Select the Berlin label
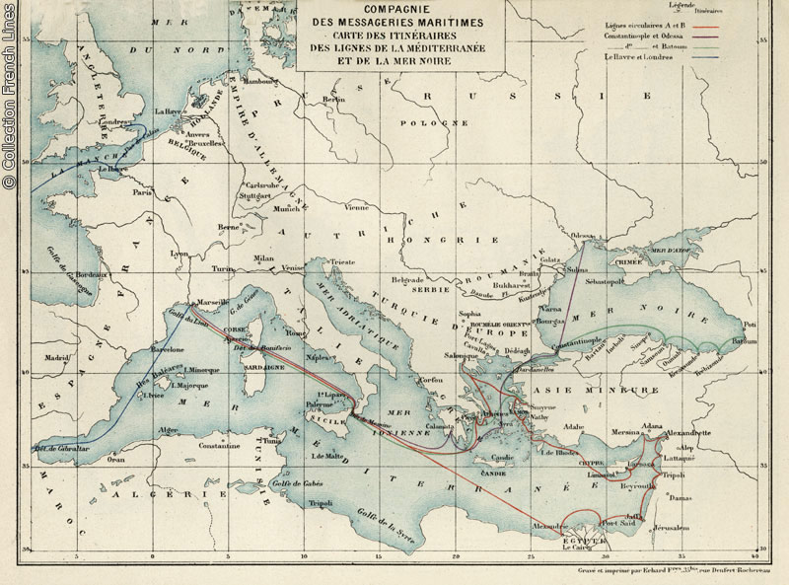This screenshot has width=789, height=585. point(334,100)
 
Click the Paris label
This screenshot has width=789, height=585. point(145,193)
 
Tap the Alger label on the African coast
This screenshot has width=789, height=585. point(169,430)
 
